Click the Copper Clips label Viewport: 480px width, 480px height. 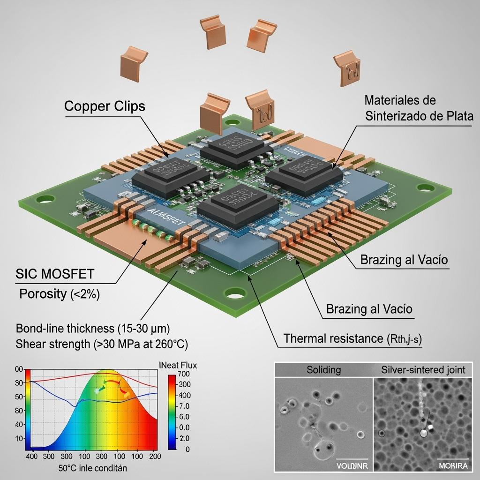(105, 106)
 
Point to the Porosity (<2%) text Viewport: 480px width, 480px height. (60, 294)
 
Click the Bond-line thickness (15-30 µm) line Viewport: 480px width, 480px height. (93, 328)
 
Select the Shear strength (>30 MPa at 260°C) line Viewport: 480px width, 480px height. (101, 344)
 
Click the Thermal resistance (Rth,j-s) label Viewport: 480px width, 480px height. (352, 338)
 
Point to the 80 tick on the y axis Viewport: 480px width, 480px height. (19, 411)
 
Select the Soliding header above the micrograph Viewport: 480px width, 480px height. (323, 370)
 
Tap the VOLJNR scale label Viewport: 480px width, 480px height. (352, 465)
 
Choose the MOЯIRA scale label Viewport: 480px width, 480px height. (452, 465)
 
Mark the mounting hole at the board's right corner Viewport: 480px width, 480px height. (424, 188)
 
